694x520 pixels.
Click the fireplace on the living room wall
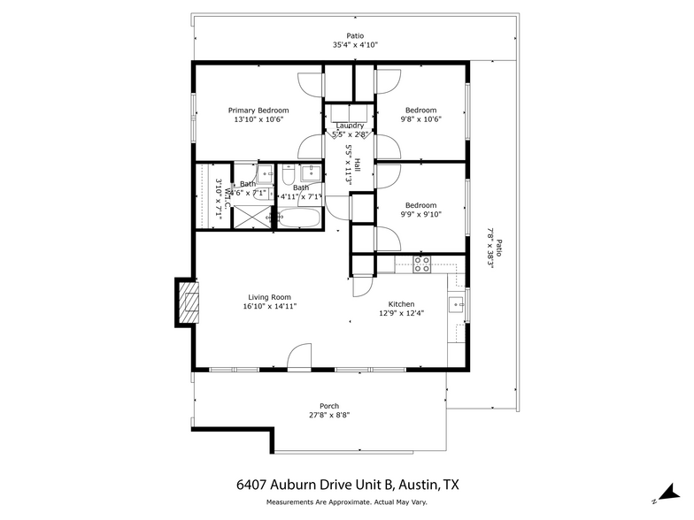click(x=187, y=302)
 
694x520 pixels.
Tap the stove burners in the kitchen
click(x=422, y=263)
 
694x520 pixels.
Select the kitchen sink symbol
click(x=455, y=305)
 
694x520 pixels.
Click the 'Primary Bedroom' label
click(x=258, y=111)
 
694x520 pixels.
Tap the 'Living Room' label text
click(x=269, y=297)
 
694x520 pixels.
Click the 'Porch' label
click(x=329, y=406)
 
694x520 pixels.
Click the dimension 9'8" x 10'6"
click(x=420, y=119)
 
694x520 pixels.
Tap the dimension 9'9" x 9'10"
click(x=420, y=214)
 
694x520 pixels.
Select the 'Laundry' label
click(x=350, y=126)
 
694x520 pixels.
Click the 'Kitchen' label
click(x=396, y=303)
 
